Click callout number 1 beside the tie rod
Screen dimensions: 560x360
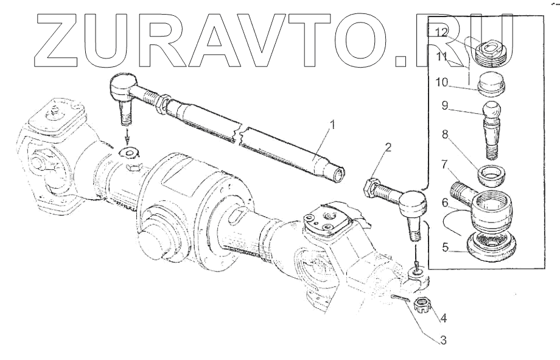click(332, 125)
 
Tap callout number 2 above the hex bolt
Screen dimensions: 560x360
click(388, 147)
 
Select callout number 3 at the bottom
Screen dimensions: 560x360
click(443, 340)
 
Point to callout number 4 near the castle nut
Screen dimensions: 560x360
click(443, 318)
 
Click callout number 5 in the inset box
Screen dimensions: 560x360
click(444, 247)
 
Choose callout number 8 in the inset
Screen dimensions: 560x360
click(444, 135)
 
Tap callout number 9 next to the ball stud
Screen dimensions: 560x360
click(444, 106)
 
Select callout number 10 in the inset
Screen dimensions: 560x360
click(441, 82)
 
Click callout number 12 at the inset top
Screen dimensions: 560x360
click(441, 32)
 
